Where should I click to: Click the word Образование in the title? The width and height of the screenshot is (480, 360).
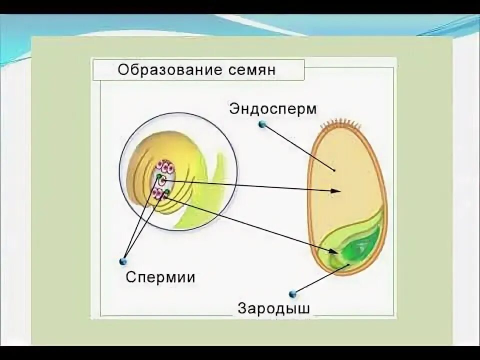(164, 69)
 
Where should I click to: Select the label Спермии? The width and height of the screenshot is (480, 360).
(160, 277)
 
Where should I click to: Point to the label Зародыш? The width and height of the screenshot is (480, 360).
(273, 308)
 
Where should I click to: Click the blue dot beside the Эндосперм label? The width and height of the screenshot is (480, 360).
(261, 124)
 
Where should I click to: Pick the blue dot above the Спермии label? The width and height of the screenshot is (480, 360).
(123, 260)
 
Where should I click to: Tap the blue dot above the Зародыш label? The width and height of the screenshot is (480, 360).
(292, 293)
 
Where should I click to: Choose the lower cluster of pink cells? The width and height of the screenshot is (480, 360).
(160, 194)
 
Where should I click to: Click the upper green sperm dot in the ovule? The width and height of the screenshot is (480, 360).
(159, 176)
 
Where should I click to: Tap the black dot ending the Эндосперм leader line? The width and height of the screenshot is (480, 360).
(334, 170)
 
